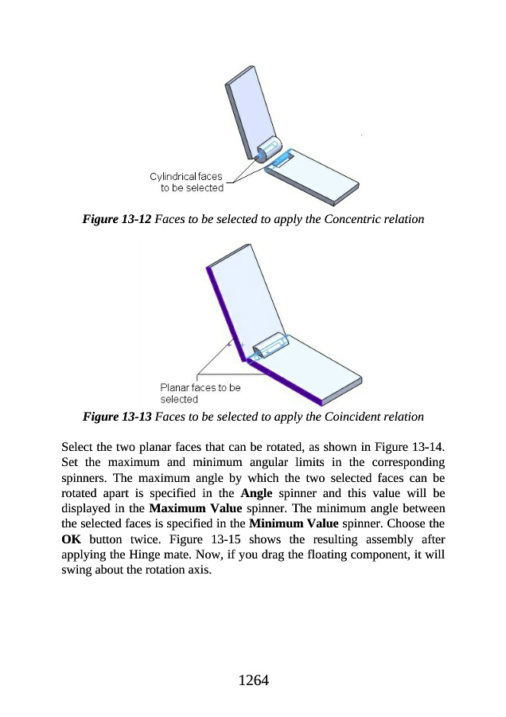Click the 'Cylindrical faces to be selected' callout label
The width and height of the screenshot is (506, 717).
pos(187,182)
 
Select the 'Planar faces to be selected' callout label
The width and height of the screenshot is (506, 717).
pos(200,393)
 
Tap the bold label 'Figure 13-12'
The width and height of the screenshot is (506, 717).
pos(117,217)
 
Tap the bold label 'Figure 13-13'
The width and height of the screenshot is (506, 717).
pos(117,417)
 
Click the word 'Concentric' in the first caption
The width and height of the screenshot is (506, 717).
pos(346,217)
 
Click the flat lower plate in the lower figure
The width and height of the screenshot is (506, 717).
pos(318,374)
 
